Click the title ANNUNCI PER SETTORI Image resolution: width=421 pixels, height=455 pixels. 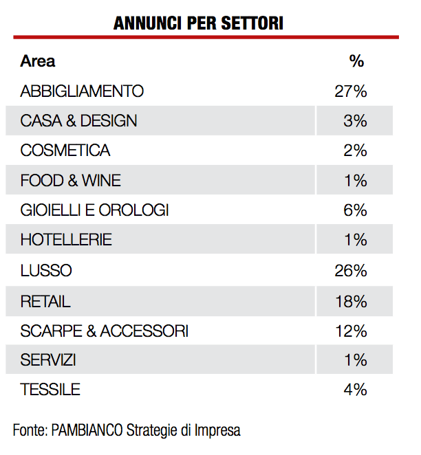coord(199,23)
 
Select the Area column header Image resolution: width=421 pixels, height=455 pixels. coord(38,60)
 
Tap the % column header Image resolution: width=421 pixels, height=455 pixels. coord(356,60)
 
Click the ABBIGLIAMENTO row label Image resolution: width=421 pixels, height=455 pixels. coord(82,91)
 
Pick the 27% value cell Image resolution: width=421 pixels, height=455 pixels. coord(351,91)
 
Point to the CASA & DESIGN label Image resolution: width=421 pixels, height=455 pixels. coord(78,121)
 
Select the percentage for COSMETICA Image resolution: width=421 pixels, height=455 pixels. coord(355,151)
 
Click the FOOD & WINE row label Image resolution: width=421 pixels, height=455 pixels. coord(70,181)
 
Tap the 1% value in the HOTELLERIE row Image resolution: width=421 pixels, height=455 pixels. coord(355,241)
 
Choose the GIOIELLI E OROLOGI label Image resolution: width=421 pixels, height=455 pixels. coord(94,210)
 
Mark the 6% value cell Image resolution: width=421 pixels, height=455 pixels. coord(355,210)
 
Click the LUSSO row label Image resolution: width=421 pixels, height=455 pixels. coord(45,270)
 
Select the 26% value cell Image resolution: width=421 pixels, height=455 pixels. coord(351,270)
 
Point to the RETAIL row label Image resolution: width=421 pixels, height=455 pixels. coord(45,300)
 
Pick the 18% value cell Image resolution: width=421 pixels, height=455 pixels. coord(351,300)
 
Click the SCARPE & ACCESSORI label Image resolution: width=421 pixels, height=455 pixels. coord(104,331)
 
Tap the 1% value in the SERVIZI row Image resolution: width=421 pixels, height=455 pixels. coord(355,360)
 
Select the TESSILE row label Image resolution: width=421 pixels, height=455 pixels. coord(50,390)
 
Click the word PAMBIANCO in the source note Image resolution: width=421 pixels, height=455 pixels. coord(87,431)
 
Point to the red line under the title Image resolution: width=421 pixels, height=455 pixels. coord(206,37)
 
